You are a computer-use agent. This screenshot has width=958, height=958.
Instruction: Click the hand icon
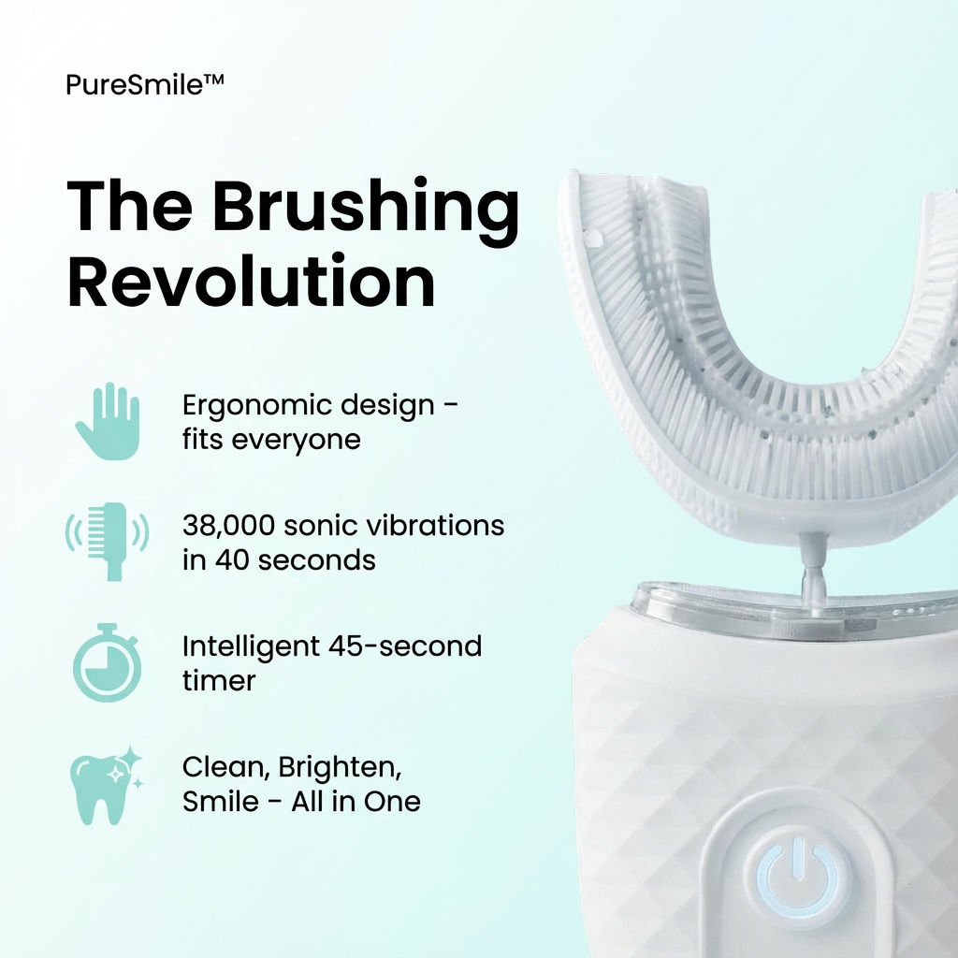pyautogui.click(x=108, y=420)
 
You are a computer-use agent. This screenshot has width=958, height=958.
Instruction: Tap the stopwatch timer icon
pyautogui.click(x=107, y=661)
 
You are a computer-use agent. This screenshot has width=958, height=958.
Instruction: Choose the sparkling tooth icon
pyautogui.click(x=107, y=784)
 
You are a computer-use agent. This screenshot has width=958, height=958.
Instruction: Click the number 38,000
pyautogui.click(x=228, y=526)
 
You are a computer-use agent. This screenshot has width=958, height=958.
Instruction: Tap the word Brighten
pyautogui.click(x=327, y=768)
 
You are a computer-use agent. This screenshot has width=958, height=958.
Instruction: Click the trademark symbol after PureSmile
pyautogui.click(x=213, y=82)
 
